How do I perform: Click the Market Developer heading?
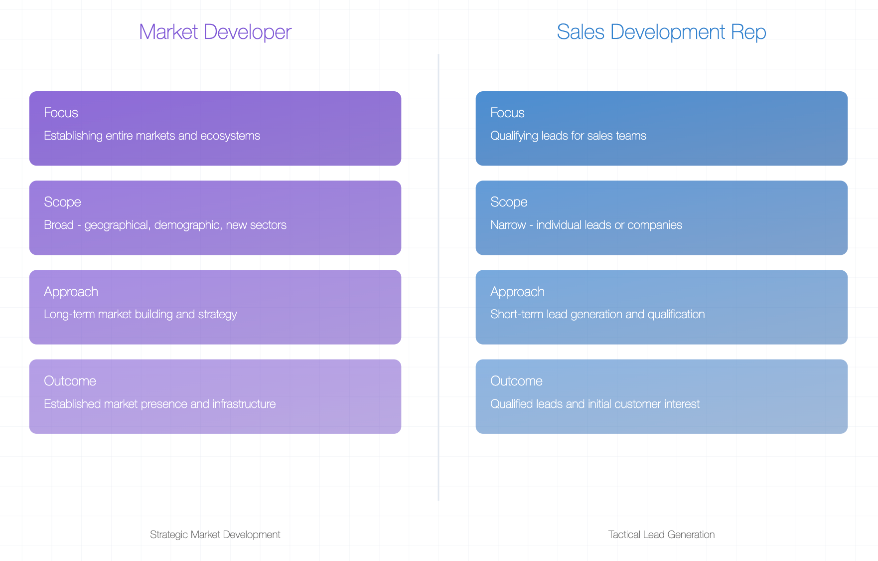point(215,32)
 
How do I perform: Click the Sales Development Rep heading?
point(661,32)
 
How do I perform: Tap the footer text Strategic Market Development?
point(215,535)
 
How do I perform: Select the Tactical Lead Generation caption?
point(661,535)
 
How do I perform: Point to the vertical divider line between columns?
point(439,277)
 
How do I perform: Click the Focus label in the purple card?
point(61,113)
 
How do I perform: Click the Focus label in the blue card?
point(507,113)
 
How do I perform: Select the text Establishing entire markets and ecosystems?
point(152,136)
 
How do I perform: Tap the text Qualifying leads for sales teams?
point(568,136)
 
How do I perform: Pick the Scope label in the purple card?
point(62,202)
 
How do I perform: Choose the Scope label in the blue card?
point(509,202)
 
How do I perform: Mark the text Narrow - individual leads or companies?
point(586,225)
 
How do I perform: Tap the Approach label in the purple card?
point(71,292)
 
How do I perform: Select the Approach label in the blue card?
point(517,292)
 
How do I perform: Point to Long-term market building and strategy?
point(141,315)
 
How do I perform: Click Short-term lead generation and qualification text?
point(597,315)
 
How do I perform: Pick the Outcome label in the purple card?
point(70,381)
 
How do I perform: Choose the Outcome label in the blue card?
point(516,381)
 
